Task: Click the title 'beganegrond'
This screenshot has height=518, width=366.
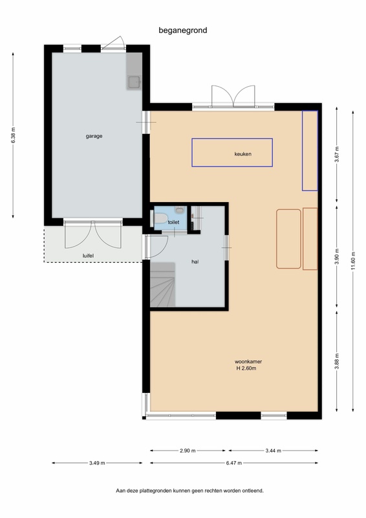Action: click(x=183, y=30)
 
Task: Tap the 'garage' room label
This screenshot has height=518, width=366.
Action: click(x=94, y=136)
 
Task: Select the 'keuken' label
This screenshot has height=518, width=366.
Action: click(x=243, y=154)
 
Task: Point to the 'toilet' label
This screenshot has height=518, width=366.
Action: click(x=173, y=222)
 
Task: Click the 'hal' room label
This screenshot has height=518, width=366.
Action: click(x=195, y=262)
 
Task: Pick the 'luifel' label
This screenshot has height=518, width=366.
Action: click(x=88, y=256)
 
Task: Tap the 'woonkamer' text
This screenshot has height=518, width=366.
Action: click(x=248, y=361)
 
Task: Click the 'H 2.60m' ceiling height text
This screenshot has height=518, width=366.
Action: click(x=246, y=368)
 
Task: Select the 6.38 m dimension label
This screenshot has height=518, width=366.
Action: click(x=13, y=135)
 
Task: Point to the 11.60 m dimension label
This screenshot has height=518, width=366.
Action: click(x=353, y=261)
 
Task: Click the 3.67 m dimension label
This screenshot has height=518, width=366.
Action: click(x=337, y=154)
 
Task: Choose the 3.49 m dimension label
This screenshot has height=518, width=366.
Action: click(x=97, y=463)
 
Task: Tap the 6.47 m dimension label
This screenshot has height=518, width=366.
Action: click(x=234, y=463)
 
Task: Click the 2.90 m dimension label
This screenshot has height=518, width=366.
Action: click(x=188, y=451)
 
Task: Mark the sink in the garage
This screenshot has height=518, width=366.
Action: click(x=135, y=82)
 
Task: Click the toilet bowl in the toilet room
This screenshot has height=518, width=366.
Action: click(x=161, y=219)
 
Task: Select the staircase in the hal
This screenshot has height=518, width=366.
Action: click(x=163, y=284)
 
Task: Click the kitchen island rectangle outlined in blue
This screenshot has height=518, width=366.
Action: click(x=232, y=153)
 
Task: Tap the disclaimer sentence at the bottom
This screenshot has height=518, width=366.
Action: click(x=189, y=491)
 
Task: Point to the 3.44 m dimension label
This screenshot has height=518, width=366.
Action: click(x=274, y=451)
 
